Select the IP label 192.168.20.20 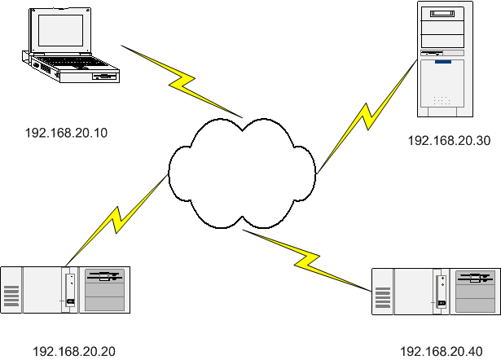tap(74, 351)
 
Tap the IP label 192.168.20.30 tap(449, 140)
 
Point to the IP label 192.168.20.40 tap(441, 351)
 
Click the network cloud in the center tap(242, 173)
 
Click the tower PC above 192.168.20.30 tap(443, 57)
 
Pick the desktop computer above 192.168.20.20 tap(65, 289)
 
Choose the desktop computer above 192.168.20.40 tap(437, 289)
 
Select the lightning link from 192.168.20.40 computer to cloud tap(305, 259)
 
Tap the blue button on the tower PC tap(442, 61)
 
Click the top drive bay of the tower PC tap(443, 14)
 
